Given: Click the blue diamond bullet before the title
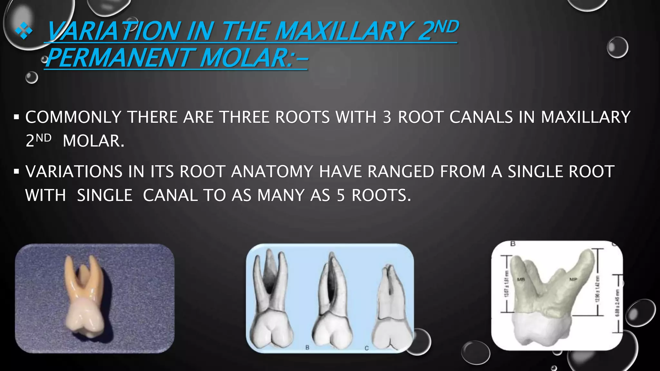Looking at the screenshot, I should (24, 32).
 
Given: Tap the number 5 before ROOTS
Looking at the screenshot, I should (341, 195).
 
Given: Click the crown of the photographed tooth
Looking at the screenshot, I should (83, 319).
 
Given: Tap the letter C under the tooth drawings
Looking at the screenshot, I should (366, 348).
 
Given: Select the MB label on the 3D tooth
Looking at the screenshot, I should (521, 279).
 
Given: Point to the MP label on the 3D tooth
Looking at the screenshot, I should (573, 279).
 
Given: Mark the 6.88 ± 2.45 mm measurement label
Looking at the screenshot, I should (617, 303).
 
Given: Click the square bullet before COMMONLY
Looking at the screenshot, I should (16, 117).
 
